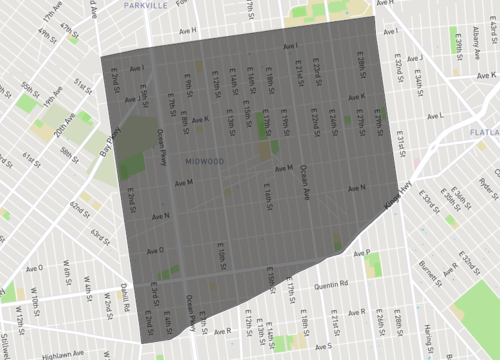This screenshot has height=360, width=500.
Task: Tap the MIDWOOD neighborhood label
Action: tap(204, 160)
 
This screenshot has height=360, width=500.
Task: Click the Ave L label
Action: tap(435, 116)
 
